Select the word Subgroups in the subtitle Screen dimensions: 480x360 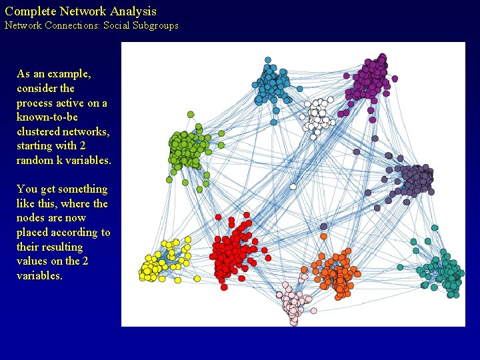tap(155, 26)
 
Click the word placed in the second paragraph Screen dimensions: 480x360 tap(33, 233)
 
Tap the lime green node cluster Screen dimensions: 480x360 tap(187, 149)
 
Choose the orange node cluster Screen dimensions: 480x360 tap(337, 273)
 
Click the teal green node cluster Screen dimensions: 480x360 tap(447, 273)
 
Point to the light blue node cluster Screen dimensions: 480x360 tap(272, 85)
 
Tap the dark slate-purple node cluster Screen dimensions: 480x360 tap(415, 179)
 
